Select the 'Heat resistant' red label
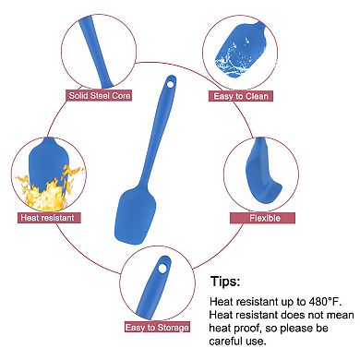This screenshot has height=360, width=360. click(47, 218)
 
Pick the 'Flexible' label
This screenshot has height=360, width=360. click(264, 218)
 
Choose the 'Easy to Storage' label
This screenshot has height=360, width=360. click(157, 328)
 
